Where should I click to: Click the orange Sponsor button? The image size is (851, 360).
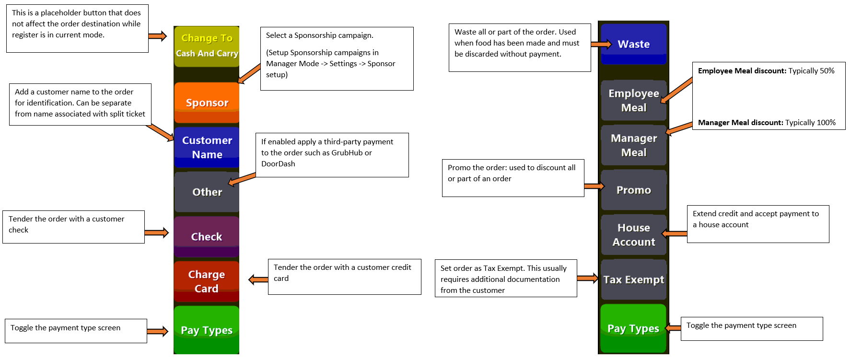[207, 103]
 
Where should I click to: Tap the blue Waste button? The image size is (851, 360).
[634, 44]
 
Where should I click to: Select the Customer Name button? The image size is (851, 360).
[207, 147]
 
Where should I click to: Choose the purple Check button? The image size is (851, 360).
[207, 237]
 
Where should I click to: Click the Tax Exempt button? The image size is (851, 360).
[634, 279]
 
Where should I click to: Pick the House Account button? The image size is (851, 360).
[634, 235]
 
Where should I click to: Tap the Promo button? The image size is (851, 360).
[634, 190]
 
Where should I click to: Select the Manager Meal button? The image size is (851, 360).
[634, 145]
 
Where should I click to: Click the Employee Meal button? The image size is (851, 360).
[634, 100]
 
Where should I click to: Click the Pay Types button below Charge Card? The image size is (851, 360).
[207, 330]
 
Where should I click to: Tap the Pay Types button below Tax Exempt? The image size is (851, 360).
[634, 328]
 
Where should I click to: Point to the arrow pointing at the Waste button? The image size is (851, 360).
[602, 44]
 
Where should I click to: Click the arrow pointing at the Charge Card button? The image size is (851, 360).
[258, 279]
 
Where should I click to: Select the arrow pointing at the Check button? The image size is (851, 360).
[157, 233]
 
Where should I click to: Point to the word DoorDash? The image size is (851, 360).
[278, 164]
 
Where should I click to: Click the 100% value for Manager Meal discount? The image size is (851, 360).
[826, 123]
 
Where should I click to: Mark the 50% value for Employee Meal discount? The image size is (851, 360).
[827, 71]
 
